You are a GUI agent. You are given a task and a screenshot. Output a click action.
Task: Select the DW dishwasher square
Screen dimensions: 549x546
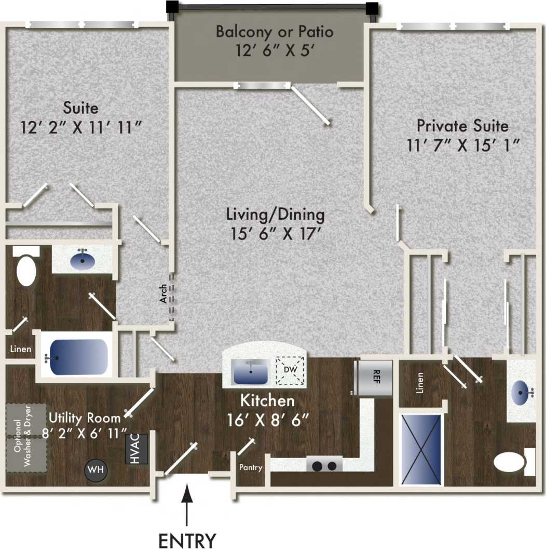coord(291,370)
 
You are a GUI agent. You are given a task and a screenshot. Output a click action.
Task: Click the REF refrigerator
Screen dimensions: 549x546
coord(375,377)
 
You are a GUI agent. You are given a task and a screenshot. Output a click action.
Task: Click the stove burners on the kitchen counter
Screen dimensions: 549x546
coord(324,465)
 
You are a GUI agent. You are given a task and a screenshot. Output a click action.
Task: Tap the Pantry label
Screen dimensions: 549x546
coord(251,467)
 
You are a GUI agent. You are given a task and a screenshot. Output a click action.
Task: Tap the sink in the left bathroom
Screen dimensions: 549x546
coord(82,258)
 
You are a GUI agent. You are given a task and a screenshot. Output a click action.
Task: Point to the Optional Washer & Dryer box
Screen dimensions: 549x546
coord(26,438)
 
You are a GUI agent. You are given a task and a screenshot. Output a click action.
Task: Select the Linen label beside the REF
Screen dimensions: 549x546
coord(420,382)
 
